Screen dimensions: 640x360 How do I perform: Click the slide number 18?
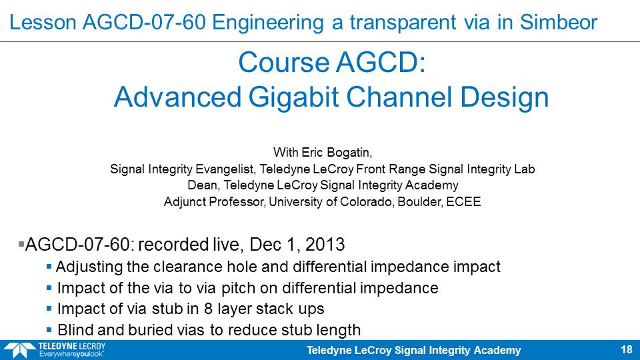pos(627,350)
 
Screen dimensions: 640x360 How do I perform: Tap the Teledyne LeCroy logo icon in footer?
pos(19,351)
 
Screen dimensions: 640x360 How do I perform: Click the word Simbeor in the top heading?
pos(559,22)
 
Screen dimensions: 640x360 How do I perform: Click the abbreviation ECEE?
pos(463,201)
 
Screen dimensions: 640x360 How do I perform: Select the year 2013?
pos(325,245)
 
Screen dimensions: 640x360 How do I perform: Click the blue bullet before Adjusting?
pos(49,267)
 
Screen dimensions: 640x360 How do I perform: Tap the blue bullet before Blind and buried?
pos(49,330)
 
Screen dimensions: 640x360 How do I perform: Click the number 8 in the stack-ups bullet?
pos(208,309)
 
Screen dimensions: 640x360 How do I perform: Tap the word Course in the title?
pos(283,63)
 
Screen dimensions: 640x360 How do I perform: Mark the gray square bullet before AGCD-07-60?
pos(21,245)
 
